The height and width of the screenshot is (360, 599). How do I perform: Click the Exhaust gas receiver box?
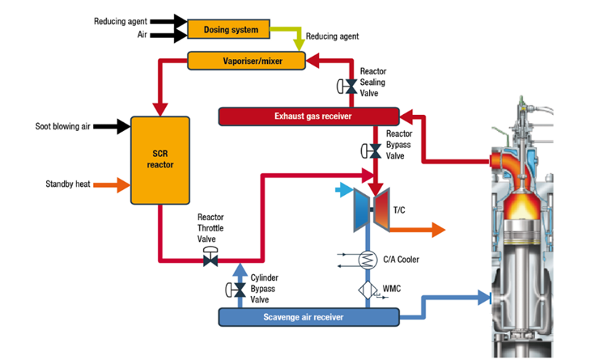point(309,116)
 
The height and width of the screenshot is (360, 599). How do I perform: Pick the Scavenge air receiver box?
point(309,317)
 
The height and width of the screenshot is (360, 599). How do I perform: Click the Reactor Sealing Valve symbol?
point(351,87)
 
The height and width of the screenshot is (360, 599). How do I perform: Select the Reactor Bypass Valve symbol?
point(376,151)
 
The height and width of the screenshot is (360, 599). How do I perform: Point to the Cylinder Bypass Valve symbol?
point(239,290)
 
